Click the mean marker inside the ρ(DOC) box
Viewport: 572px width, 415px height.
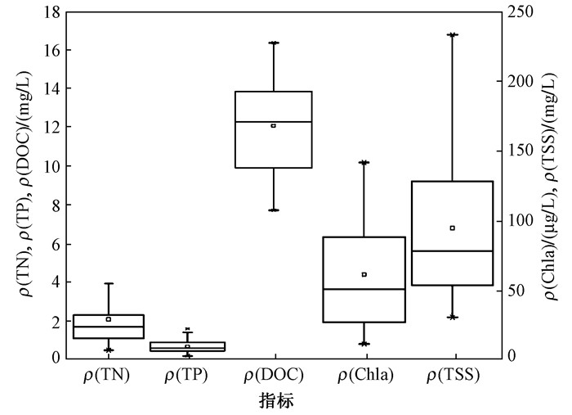coord(273,125)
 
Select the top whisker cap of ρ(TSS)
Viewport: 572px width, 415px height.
coord(452,34)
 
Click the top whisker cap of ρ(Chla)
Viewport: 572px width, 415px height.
coord(364,162)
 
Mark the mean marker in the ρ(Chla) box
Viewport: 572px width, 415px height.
coord(364,274)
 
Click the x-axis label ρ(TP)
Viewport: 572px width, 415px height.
coord(188,375)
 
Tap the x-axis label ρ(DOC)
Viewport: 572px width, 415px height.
coord(274,375)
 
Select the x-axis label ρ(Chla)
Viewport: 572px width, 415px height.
coord(364,375)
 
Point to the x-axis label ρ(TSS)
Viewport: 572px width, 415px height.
coord(453,375)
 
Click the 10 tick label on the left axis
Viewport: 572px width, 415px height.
coord(54,166)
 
